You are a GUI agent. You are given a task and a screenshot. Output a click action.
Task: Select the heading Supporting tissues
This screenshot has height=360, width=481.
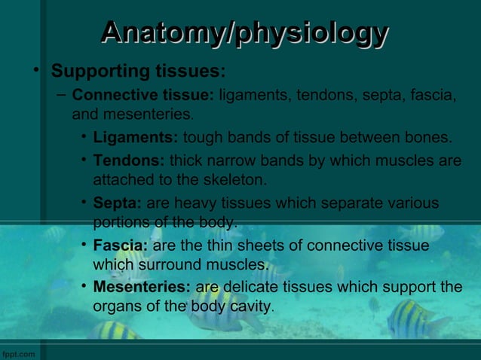(x=137, y=72)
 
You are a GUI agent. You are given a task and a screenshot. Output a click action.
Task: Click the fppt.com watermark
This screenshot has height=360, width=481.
(x=18, y=353)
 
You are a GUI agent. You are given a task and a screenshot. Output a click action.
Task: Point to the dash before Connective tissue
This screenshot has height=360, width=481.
(x=60, y=96)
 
